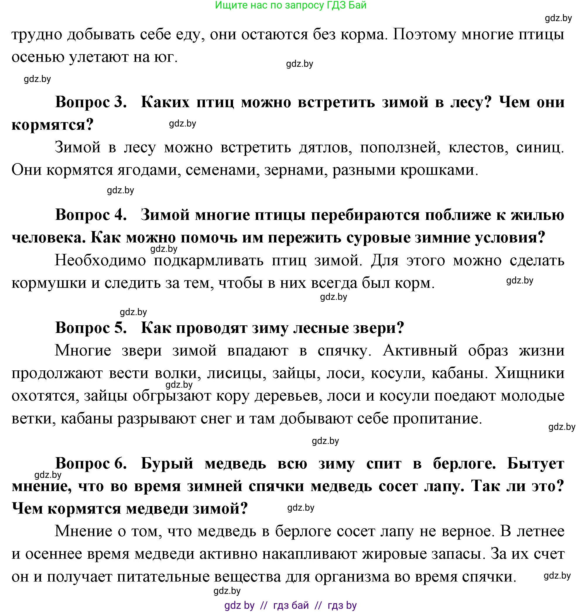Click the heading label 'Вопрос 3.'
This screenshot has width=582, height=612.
coord(91,102)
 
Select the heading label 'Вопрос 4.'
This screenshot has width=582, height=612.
coord(91,215)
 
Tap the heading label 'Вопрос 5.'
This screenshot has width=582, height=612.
coord(91,328)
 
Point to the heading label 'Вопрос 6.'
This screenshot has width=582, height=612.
coord(91,464)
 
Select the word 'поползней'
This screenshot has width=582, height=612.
coord(400,148)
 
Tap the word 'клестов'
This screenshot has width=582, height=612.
coord(478,147)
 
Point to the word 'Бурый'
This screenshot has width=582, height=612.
coord(167,464)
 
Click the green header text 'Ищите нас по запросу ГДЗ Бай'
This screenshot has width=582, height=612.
coord(291,5)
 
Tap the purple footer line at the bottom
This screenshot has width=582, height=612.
coord(290,606)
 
